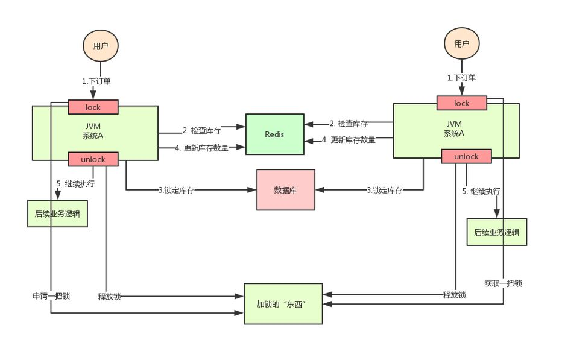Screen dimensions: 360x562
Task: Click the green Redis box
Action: tap(274, 134)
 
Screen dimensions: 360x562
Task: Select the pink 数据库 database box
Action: tap(286, 190)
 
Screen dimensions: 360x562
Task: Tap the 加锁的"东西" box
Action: tap(283, 303)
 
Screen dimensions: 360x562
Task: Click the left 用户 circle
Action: tap(101, 46)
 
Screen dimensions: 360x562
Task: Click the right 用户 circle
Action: tap(461, 43)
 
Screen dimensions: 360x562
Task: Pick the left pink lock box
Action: tap(93, 107)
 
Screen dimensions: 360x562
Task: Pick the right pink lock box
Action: tap(462, 103)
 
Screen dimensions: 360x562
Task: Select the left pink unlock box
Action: tap(93, 159)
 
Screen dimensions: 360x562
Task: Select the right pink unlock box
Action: tap(466, 156)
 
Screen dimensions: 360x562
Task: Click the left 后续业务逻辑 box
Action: tap(57, 213)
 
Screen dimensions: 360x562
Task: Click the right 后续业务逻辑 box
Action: tap(496, 232)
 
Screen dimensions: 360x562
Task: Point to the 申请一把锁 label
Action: tap(51, 296)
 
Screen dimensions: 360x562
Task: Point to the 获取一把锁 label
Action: tap(503, 283)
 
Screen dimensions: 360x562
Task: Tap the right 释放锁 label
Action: tap(454, 295)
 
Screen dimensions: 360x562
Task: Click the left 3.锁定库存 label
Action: tap(176, 190)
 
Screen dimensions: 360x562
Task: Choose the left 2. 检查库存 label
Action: tap(202, 130)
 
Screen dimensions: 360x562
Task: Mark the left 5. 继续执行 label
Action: tap(75, 184)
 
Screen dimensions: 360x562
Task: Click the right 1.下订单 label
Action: tap(461, 78)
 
